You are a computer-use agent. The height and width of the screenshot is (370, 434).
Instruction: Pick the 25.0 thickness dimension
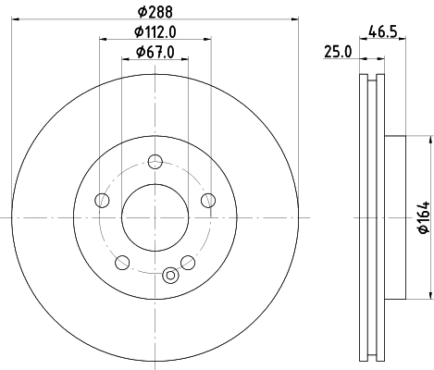[x=337, y=53]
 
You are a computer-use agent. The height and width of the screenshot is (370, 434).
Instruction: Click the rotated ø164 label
[x=422, y=216]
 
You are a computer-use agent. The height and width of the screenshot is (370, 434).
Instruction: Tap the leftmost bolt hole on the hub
[x=101, y=200]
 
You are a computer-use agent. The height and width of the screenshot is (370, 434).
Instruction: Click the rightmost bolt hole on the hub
[x=209, y=200]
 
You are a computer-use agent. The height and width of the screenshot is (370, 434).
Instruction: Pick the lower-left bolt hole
[x=122, y=262]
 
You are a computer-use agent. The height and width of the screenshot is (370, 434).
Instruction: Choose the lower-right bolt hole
[x=188, y=262]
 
